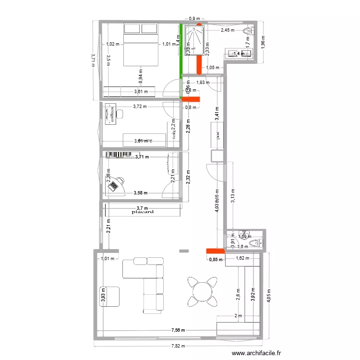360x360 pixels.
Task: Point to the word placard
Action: pos(142,211)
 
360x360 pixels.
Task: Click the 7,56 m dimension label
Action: pos(179,330)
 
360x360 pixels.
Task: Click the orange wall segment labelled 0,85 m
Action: pos(215,251)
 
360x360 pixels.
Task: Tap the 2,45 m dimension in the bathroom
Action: pos(228,30)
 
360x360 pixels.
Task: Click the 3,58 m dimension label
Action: pos(140,193)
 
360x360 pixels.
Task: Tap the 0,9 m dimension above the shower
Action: pos(194,19)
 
